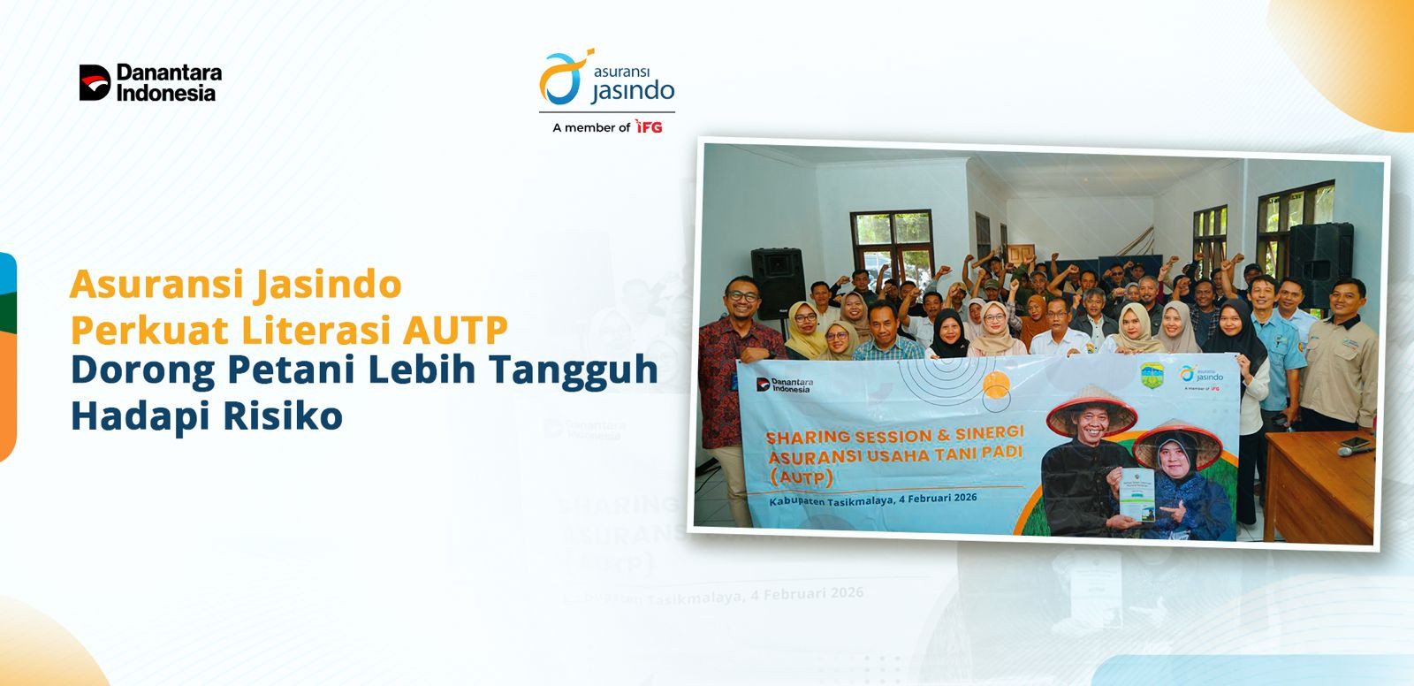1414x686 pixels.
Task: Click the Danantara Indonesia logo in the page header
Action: (150, 82)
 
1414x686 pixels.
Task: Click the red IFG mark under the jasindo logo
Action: (649, 127)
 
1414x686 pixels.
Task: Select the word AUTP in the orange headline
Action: (456, 330)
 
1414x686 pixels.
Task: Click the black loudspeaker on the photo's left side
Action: (776, 281)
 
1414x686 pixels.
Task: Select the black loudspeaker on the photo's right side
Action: (1319, 263)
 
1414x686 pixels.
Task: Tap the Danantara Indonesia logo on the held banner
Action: (785, 385)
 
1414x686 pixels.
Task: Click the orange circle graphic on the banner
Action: (996, 385)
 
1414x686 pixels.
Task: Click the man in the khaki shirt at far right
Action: (1342, 354)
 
